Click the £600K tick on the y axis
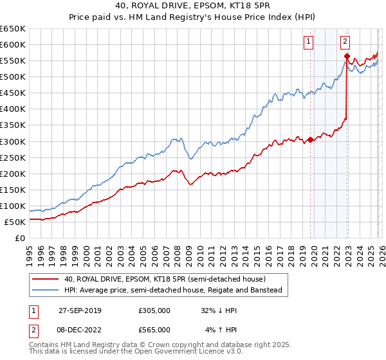pos(13,45)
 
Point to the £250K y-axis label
pos(13,157)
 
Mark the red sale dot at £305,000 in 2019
pos(310,139)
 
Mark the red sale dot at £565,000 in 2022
pos(347,56)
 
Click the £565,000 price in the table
pos(154,329)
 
